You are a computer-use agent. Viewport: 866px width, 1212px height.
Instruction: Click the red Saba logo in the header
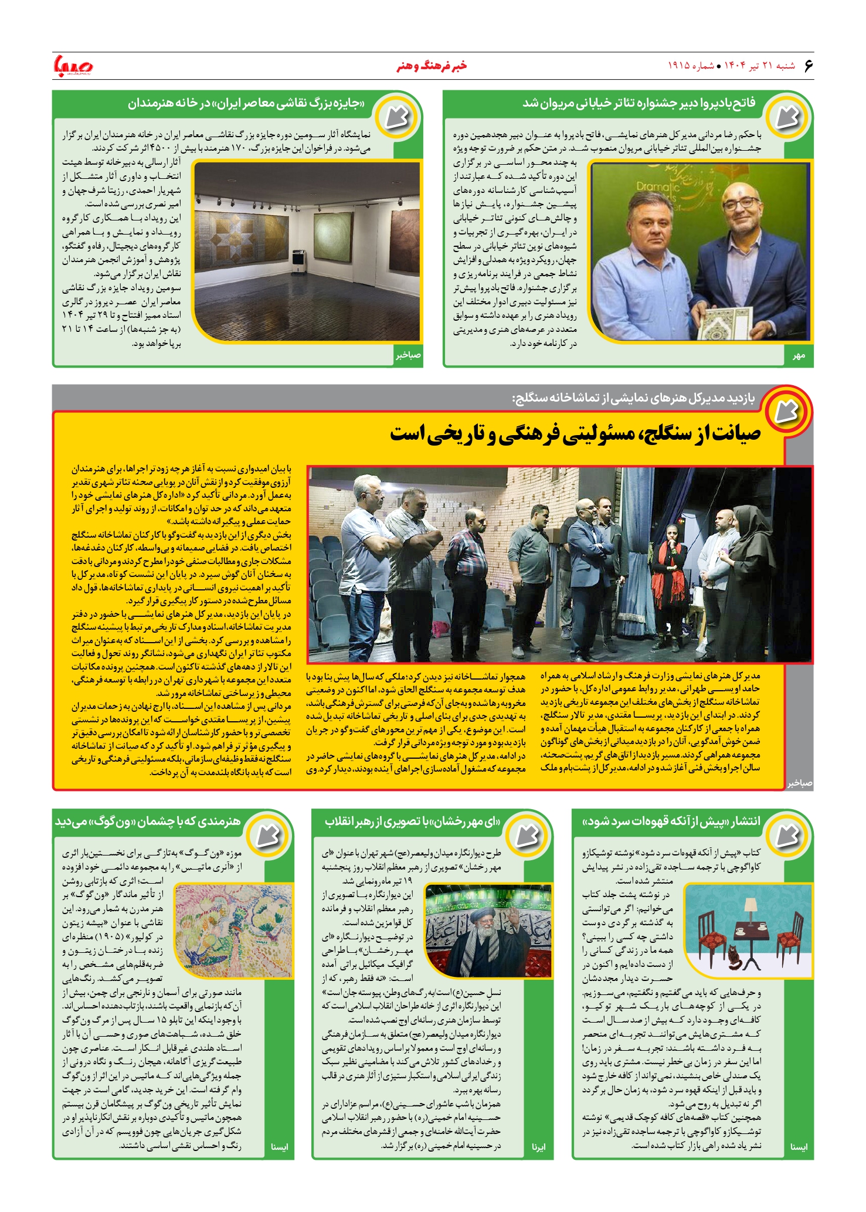coord(73,65)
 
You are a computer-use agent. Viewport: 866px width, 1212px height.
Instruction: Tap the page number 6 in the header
coord(809,65)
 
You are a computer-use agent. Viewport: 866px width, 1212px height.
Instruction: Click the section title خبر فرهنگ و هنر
coord(432,66)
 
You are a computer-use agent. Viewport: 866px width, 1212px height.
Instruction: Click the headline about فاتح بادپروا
coord(639,103)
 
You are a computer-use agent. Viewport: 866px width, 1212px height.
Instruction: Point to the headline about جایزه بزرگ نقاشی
coord(246,104)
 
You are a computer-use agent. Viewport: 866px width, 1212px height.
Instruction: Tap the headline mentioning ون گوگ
coord(148,821)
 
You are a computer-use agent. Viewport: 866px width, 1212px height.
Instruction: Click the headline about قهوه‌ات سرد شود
coord(671,821)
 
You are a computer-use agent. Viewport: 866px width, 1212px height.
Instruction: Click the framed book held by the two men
coord(728,323)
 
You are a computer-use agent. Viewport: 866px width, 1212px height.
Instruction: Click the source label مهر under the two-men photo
coord(799,356)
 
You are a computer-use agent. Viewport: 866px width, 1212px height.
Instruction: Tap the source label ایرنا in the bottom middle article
coord(538,1147)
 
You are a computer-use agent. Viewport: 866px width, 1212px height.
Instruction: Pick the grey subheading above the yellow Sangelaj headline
coord(634,399)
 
